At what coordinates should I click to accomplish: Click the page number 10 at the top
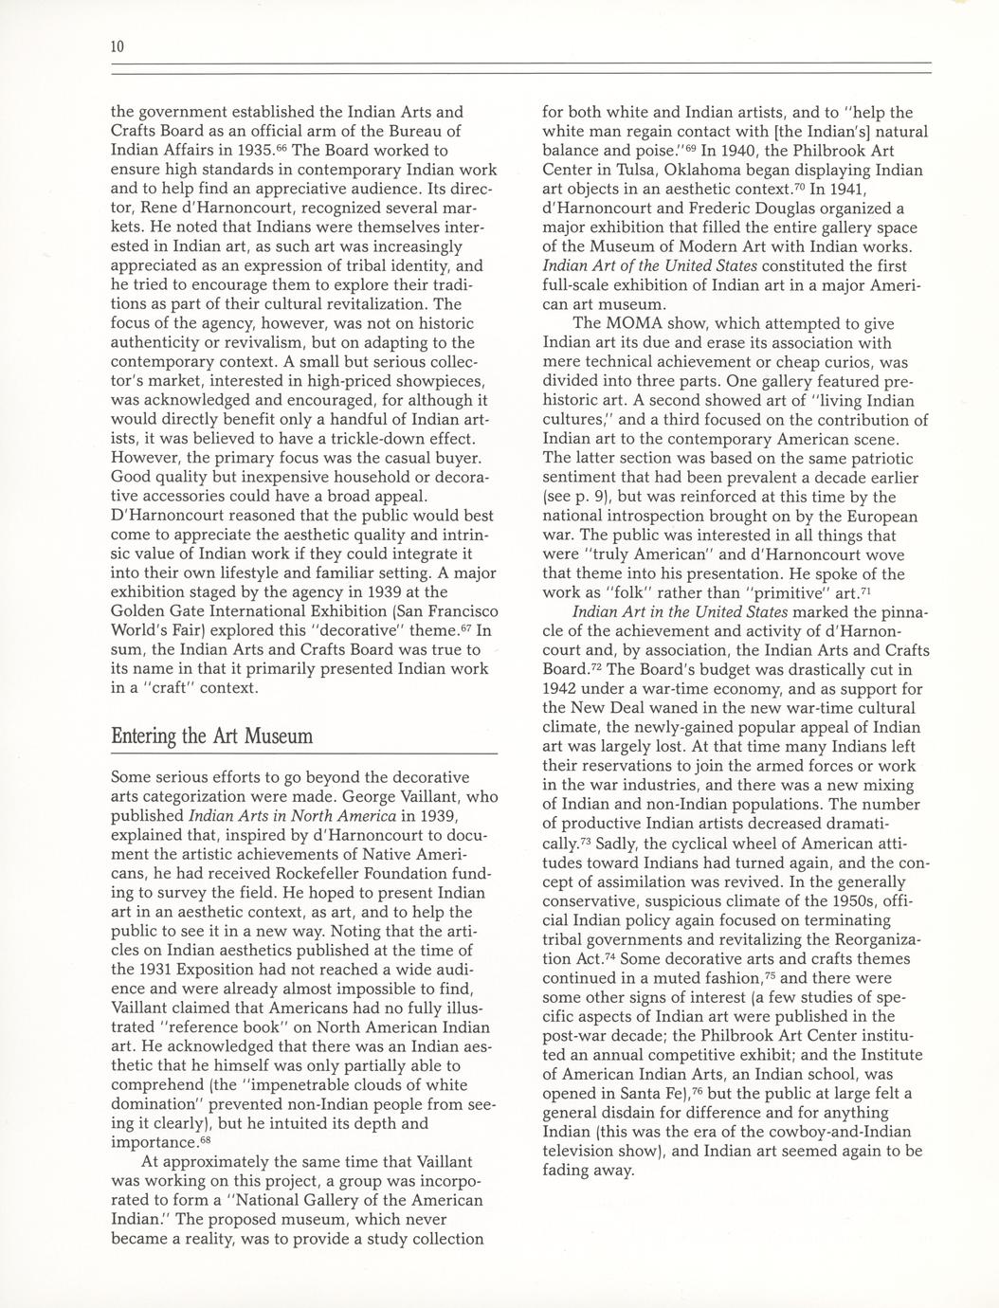[x=118, y=46]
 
